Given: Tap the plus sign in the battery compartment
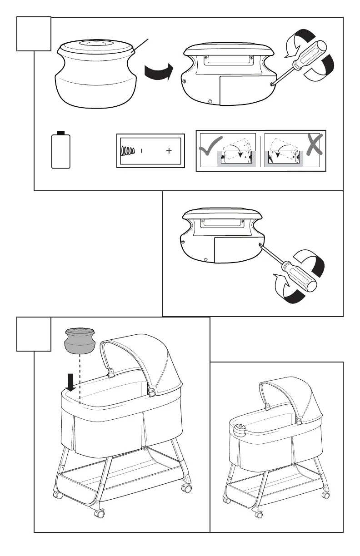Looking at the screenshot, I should (169, 151).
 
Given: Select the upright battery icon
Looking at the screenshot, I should (61, 150).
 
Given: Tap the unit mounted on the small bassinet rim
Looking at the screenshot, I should (240, 428).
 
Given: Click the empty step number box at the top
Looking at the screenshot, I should (34, 34).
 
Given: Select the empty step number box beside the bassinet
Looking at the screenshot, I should (34, 334).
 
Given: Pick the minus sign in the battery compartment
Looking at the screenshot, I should (142, 151).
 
